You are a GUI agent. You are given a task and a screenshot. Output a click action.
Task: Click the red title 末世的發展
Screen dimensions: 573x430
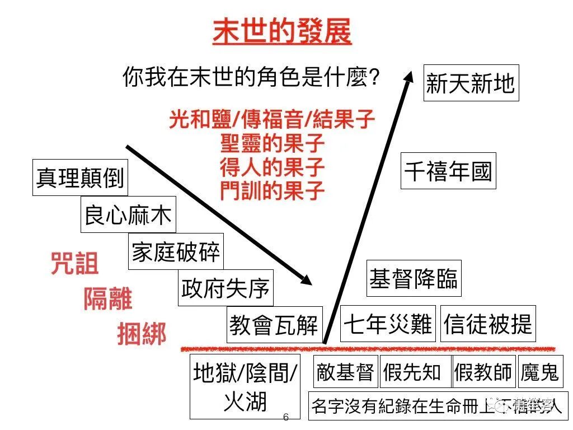pyautogui.click(x=281, y=32)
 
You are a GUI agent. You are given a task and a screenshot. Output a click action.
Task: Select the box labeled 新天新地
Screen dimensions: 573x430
pyautogui.click(x=471, y=84)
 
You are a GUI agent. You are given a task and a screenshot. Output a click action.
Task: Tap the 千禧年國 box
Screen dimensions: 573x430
pyautogui.click(x=448, y=171)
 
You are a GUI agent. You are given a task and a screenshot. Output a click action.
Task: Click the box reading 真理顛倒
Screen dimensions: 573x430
pyautogui.click(x=79, y=177)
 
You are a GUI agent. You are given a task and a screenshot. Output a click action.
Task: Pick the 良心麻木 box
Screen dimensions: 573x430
pyautogui.click(x=128, y=214)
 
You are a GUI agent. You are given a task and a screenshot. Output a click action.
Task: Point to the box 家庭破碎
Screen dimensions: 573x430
pyautogui.click(x=176, y=251)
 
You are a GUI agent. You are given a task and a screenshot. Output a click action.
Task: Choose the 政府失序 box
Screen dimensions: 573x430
pyautogui.click(x=226, y=288)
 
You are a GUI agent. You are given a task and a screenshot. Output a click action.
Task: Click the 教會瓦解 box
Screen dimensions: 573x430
pyautogui.click(x=274, y=325)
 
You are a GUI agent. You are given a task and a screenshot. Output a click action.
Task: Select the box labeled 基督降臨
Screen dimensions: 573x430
pyautogui.click(x=414, y=278)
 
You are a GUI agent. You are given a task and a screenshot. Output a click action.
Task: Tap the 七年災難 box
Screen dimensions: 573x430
pyautogui.click(x=388, y=324)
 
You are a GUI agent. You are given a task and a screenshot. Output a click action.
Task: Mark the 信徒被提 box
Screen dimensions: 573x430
pyautogui.click(x=488, y=324)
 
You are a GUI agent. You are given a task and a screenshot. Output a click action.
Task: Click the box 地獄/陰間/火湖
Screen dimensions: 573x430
pyautogui.click(x=245, y=386)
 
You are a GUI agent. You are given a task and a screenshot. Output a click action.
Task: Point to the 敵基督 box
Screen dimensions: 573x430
pyautogui.click(x=345, y=372)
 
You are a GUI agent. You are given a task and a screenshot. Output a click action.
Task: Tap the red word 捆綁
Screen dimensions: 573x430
pyautogui.click(x=142, y=334)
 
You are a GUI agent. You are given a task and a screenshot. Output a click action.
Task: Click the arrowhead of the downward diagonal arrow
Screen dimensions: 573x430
pyautogui.click(x=306, y=278)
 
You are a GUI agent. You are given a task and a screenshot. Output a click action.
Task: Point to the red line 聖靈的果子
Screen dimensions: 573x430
pyautogui.click(x=273, y=143)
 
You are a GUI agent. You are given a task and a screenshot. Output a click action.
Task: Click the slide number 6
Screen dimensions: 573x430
pyautogui.click(x=286, y=417)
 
